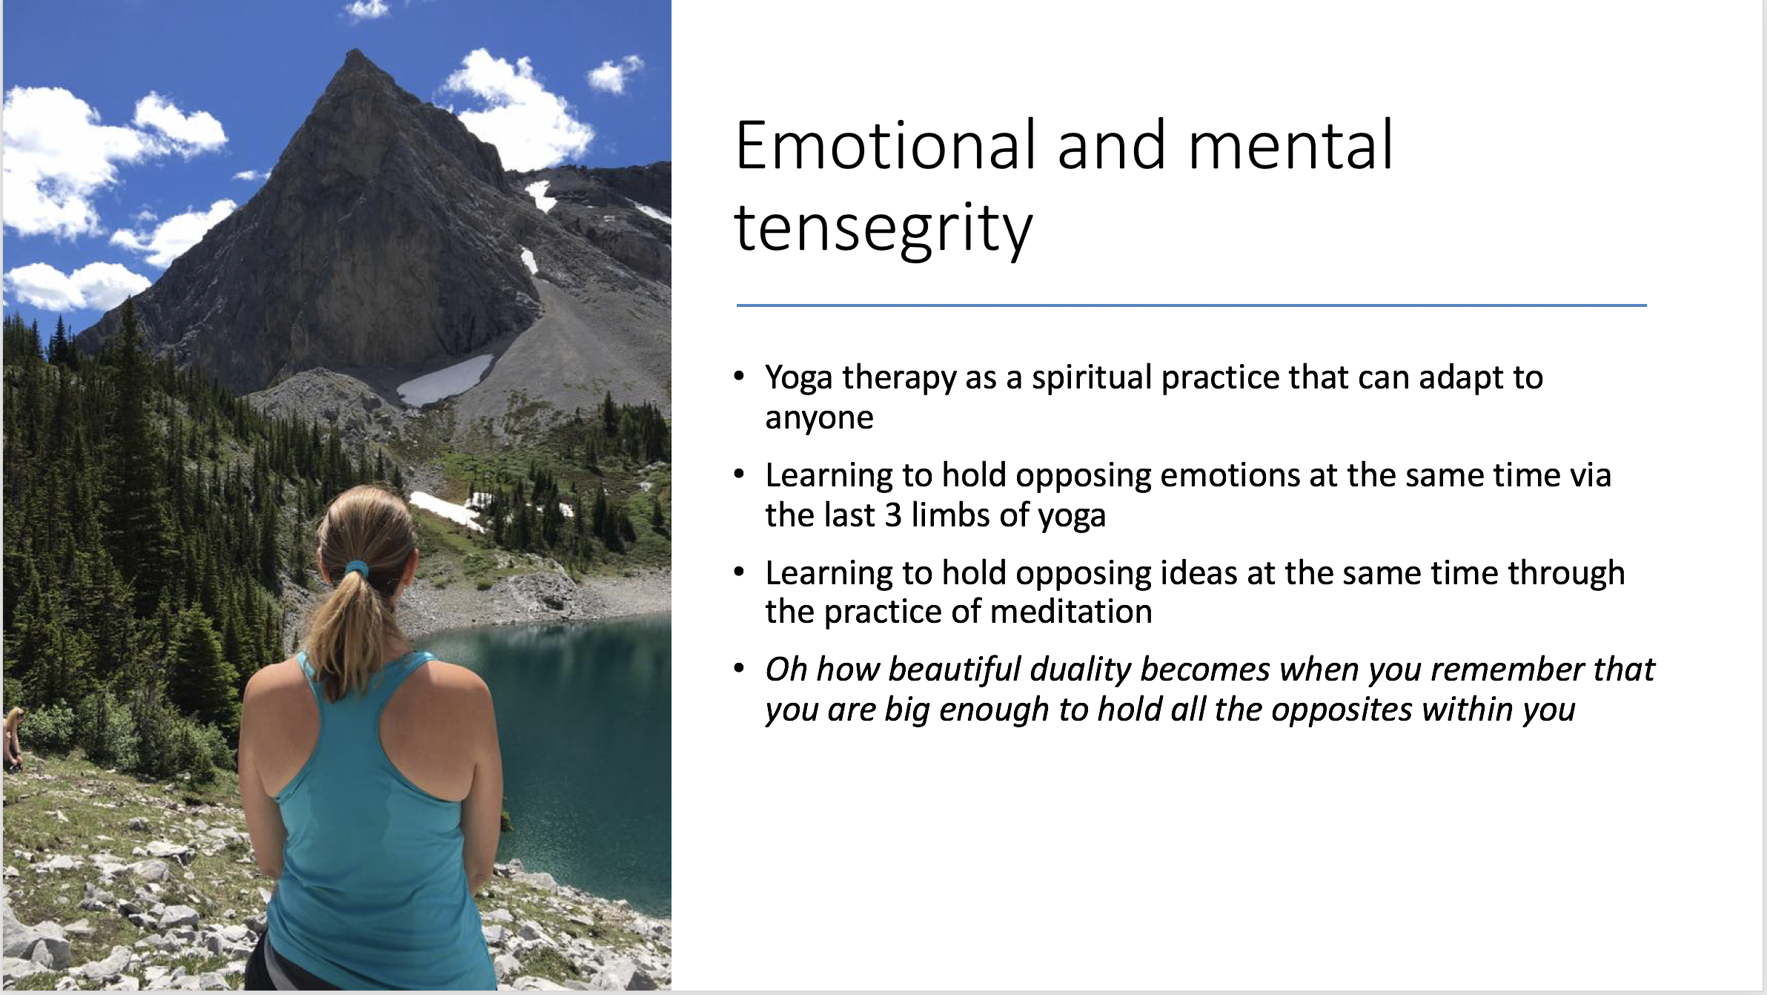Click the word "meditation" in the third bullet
[x=1071, y=612]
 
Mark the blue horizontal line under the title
[x=1191, y=305]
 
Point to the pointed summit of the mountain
[x=357, y=52]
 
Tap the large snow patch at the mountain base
[x=445, y=379]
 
